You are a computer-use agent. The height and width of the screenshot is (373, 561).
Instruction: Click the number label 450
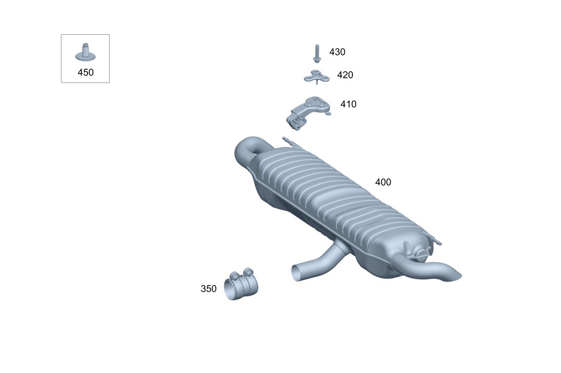pyautogui.click(x=85, y=72)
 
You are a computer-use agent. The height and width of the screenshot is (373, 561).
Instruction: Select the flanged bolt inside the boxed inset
pyautogui.click(x=85, y=52)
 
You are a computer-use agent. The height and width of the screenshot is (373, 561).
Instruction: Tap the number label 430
pyautogui.click(x=337, y=52)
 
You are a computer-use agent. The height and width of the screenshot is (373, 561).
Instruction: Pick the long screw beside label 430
pyautogui.click(x=317, y=53)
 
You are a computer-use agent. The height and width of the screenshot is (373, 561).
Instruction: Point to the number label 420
pyautogui.click(x=345, y=75)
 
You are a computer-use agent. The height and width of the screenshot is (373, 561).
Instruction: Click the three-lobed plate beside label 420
pyautogui.click(x=317, y=77)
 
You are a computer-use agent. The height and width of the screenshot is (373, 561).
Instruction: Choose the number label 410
pyautogui.click(x=348, y=104)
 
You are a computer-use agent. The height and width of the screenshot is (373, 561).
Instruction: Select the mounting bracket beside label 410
pyautogui.click(x=308, y=113)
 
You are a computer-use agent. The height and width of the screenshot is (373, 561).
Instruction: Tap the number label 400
pyautogui.click(x=383, y=182)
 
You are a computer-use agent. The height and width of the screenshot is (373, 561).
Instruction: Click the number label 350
pyautogui.click(x=209, y=289)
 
